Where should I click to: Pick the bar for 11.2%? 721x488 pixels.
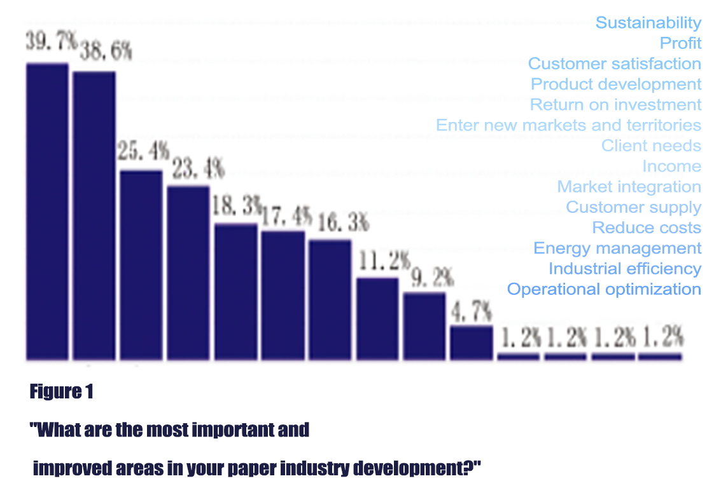coord(377,318)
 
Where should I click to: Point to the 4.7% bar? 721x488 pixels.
coord(472,343)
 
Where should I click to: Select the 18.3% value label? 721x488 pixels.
coord(237,207)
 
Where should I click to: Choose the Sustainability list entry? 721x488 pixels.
coord(648,23)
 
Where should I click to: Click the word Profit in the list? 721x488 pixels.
coord(680,43)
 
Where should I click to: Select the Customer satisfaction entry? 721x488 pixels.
coord(614,64)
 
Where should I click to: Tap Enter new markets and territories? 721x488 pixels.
coord(568,125)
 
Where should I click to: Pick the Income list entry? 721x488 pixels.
coord(671,166)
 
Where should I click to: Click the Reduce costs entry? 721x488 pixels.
coord(646,227)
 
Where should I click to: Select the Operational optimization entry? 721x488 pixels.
coord(603,289)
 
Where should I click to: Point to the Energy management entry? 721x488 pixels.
coord(617,248)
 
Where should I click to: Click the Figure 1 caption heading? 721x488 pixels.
coord(62,392)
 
